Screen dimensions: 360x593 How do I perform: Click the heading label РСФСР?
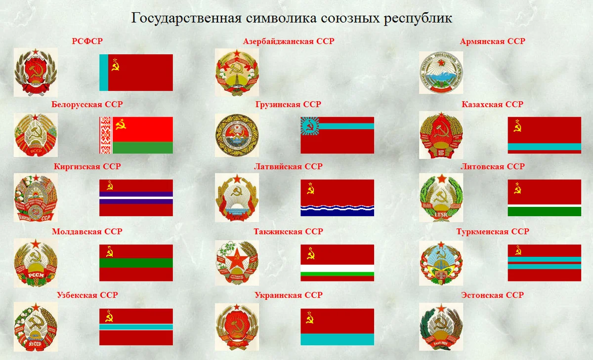click(87, 41)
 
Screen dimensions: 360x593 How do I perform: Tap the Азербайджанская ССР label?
click(289, 41)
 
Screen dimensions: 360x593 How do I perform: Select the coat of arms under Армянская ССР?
click(441, 72)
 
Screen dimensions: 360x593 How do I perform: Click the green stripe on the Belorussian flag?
click(142, 147)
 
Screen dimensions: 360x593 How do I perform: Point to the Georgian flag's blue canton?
click(309, 125)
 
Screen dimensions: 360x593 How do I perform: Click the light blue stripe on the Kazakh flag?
click(544, 147)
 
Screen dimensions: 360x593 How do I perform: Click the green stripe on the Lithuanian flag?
click(544, 211)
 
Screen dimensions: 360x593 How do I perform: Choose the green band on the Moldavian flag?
click(136, 263)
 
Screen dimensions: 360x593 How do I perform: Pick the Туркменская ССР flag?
click(544, 263)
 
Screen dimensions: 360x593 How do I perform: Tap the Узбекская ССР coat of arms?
click(36, 326)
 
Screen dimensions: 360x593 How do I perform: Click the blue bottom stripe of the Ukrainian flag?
click(337, 339)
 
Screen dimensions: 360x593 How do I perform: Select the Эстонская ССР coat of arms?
click(441, 326)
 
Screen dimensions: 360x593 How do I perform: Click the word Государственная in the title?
click(186, 19)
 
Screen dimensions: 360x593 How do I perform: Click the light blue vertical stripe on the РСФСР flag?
click(104, 73)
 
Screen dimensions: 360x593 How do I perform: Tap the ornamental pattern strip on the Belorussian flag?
click(105, 135)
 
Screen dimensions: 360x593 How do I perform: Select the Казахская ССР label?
click(492, 105)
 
